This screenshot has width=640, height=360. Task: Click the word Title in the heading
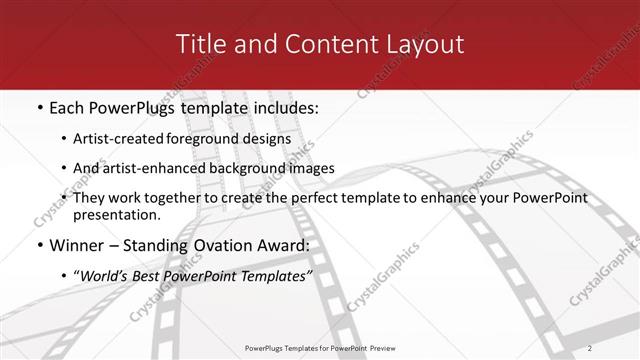pos(199,45)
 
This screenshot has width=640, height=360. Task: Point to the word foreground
pos(212,138)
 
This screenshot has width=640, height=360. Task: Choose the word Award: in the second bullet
pos(283,245)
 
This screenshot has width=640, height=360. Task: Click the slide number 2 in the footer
pos(619,348)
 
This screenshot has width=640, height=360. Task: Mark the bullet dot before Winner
pos(39,245)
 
